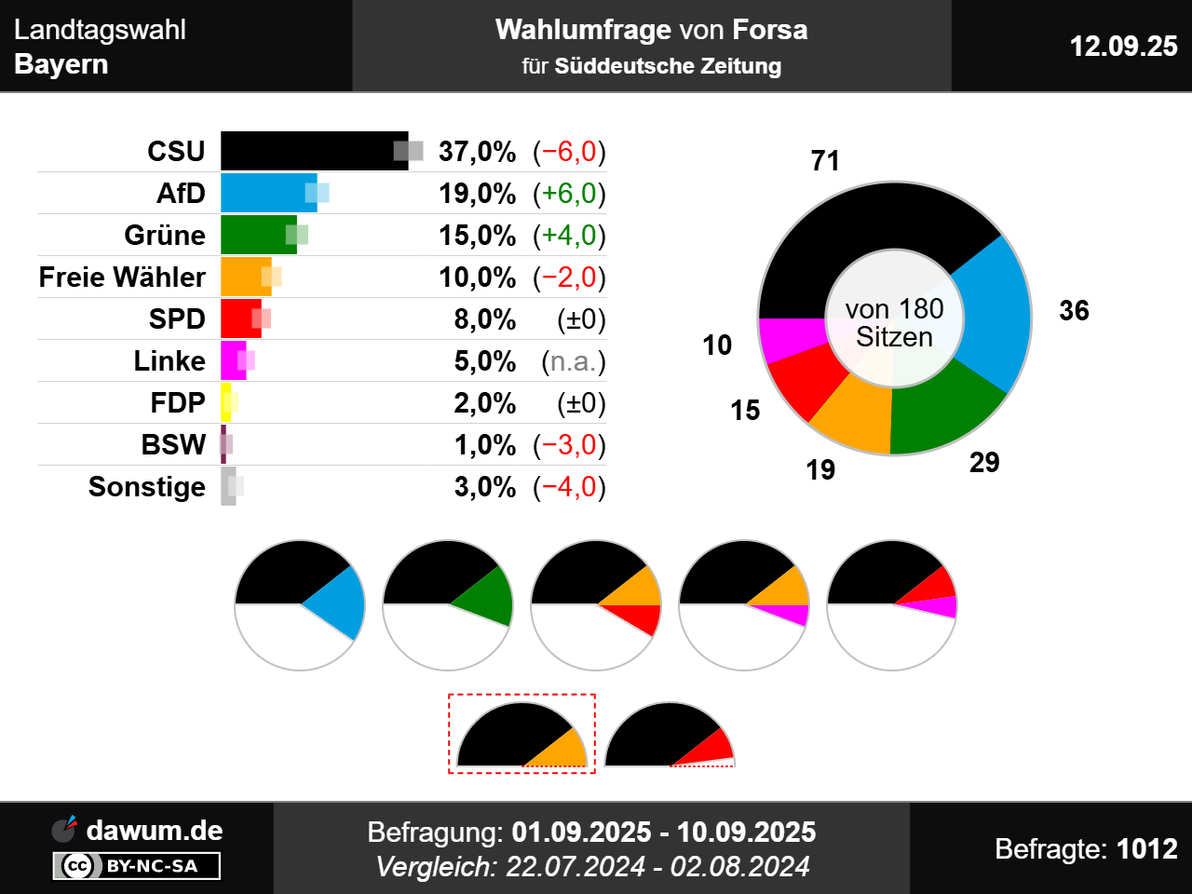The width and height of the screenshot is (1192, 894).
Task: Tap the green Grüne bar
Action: [257, 235]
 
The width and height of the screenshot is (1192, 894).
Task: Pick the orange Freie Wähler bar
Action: [245, 277]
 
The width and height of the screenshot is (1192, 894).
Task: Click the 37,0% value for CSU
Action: [477, 151]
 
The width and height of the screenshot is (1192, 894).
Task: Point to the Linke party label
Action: [169, 360]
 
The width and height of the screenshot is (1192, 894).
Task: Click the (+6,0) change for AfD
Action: [569, 193]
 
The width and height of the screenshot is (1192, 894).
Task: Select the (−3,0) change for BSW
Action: [569, 444]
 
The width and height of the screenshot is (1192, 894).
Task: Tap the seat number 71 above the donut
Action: [825, 161]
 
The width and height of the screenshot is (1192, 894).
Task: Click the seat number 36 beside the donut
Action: [1074, 310]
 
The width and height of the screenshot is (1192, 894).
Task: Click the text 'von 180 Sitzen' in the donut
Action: [894, 322]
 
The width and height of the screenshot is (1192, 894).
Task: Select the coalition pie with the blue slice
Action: [300, 604]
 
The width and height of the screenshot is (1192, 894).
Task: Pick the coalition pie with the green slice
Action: [448, 604]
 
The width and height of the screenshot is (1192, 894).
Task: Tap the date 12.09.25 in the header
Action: [1123, 46]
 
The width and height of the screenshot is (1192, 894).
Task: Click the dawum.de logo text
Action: [154, 830]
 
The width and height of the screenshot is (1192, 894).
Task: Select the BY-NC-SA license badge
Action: [137, 866]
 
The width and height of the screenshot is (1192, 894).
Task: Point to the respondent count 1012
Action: [1146, 848]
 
